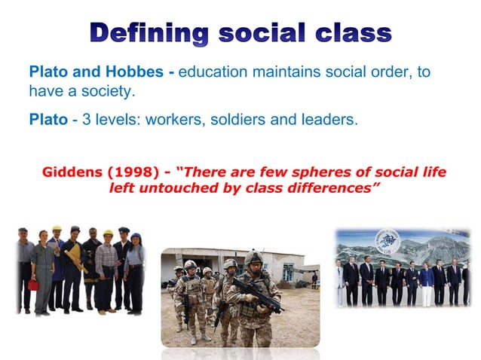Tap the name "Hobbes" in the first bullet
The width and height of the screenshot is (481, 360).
pos(135,73)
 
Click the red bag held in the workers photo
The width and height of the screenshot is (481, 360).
pos(33,284)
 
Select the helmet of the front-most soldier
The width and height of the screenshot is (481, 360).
pos(253,258)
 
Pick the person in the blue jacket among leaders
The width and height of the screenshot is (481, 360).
pos(427,279)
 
